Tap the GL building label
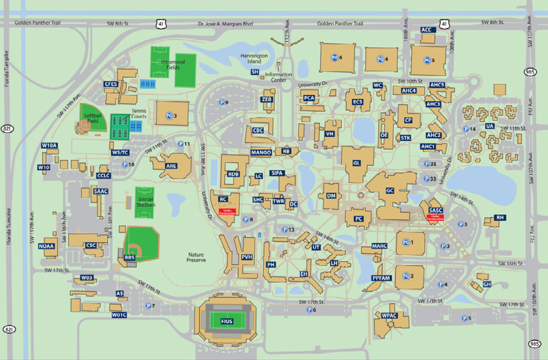pos(357,163)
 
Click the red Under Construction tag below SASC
pos(435,217)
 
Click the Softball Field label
pos(93,118)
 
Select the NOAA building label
pos(47,246)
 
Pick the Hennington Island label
pos(254,59)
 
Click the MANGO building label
pos(261,152)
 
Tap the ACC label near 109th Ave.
pos(426,30)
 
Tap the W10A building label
pos(50,145)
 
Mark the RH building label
pos(500,217)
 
